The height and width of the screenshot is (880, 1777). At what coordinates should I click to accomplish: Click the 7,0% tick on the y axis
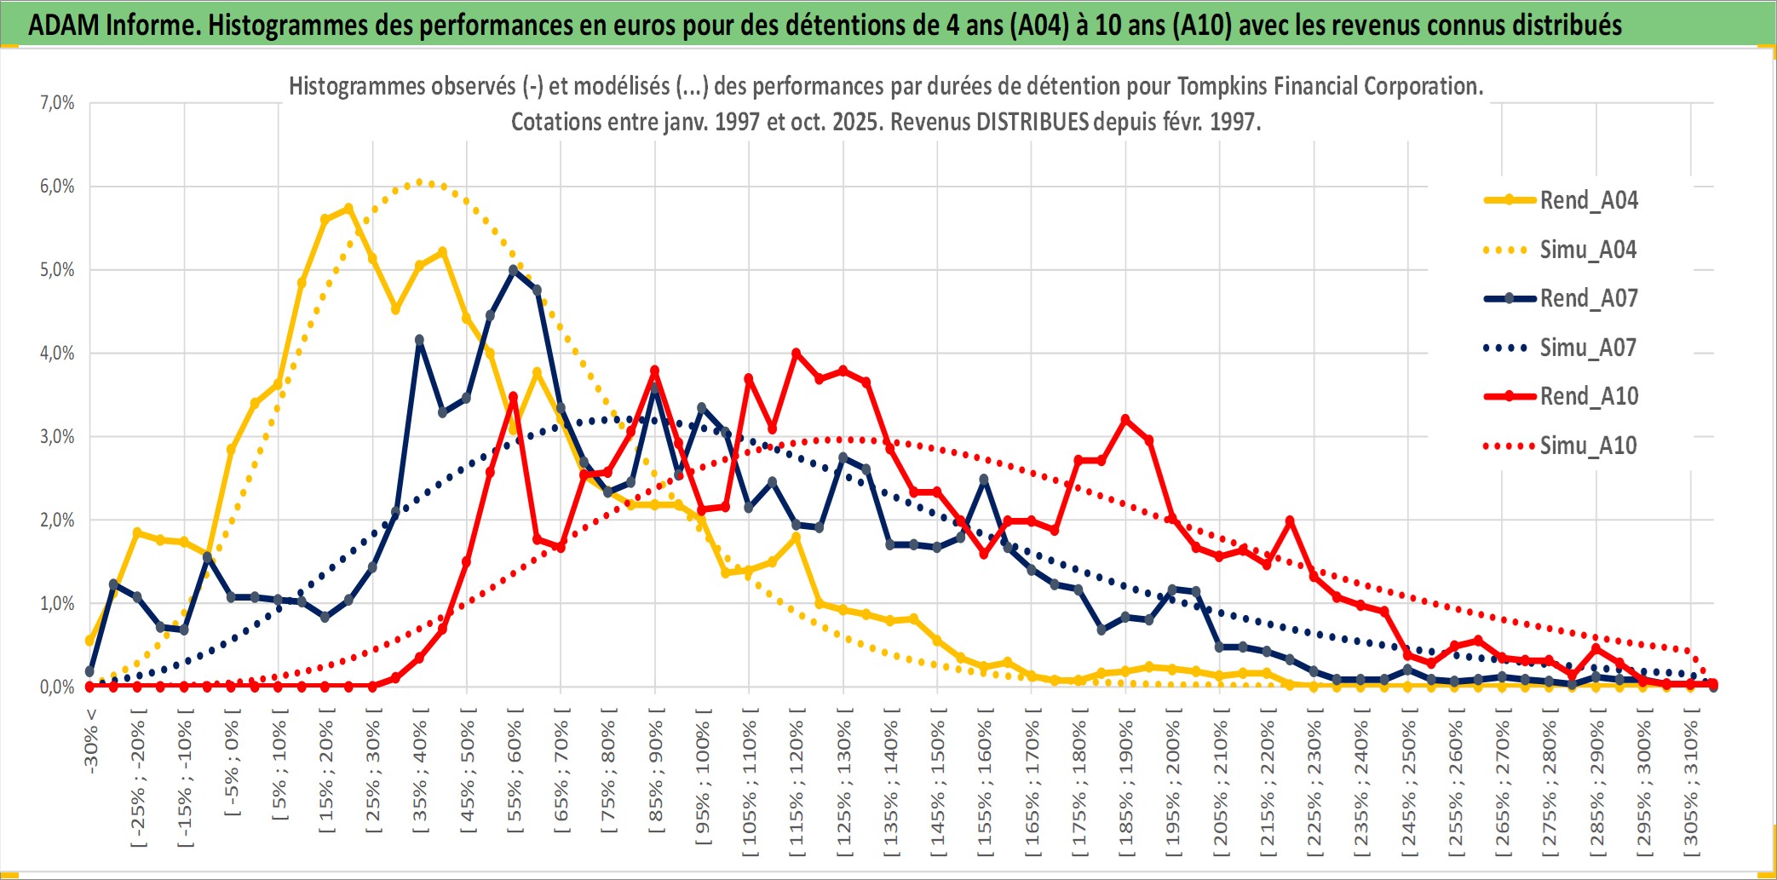pyautogui.click(x=57, y=103)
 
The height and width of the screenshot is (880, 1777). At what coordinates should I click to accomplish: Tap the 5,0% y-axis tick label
pyautogui.click(x=57, y=270)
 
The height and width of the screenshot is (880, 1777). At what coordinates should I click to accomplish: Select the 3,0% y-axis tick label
pyautogui.click(x=57, y=437)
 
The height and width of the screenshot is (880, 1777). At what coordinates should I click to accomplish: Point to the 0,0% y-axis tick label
pyautogui.click(x=57, y=687)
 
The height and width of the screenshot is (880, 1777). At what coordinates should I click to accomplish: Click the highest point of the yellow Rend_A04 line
pyautogui.click(x=348, y=208)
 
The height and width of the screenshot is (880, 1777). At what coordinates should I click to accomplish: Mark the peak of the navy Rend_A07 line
pyautogui.click(x=513, y=270)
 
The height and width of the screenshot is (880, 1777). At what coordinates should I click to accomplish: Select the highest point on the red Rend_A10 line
pyautogui.click(x=796, y=353)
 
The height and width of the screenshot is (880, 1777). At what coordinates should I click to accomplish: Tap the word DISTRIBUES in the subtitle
pyautogui.click(x=1032, y=122)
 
